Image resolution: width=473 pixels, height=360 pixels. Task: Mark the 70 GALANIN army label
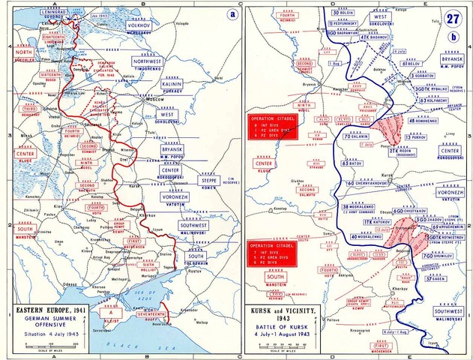(x=356, y=136)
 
